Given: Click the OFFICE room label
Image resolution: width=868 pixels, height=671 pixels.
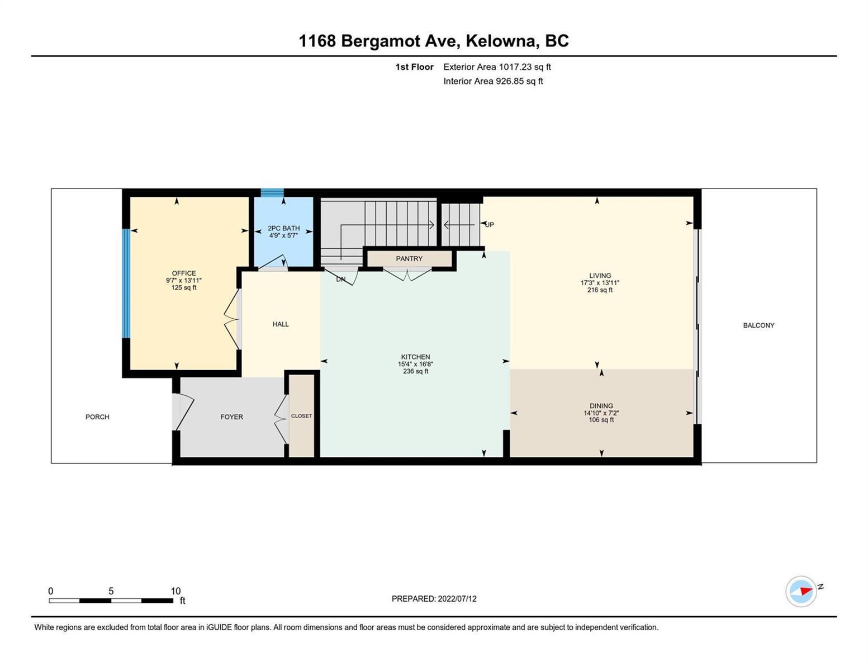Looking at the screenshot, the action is pos(184,273).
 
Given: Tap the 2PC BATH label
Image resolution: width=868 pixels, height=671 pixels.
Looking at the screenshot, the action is pos(283,228).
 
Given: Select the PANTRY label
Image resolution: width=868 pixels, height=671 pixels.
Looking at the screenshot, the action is pos(409,258).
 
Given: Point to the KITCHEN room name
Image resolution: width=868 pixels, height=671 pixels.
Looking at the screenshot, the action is pos(415,357).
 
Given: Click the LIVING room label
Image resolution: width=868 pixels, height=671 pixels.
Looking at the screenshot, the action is pos(600,275).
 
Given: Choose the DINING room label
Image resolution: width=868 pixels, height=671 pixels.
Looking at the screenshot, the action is pos(601,405).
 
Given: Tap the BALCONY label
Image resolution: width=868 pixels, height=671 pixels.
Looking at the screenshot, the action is pos(758,325).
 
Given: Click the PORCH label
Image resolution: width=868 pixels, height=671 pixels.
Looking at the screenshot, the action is pos(97,417).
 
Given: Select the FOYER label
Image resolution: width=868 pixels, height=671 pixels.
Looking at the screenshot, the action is pos(232,417).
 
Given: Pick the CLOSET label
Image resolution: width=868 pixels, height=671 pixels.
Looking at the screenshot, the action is pos(302,416).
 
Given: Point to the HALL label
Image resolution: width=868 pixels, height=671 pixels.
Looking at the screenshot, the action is pos(281,324).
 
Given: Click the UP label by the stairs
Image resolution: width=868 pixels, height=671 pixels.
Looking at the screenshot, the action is pos(490,225).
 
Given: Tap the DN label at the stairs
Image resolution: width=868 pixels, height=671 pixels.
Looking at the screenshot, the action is pos(341,280).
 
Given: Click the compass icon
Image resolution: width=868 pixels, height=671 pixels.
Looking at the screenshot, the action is pos(800,592).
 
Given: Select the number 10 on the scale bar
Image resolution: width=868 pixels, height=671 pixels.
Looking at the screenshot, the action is pos(176,591).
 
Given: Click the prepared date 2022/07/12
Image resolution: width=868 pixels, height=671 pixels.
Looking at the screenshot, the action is pos(457,599).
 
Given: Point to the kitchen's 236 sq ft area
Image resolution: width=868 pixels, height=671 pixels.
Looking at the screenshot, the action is pos(415,371).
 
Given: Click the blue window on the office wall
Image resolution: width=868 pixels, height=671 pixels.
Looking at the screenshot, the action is pos(126,283).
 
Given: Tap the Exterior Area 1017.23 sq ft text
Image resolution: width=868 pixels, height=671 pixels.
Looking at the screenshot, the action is pos(497,67).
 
